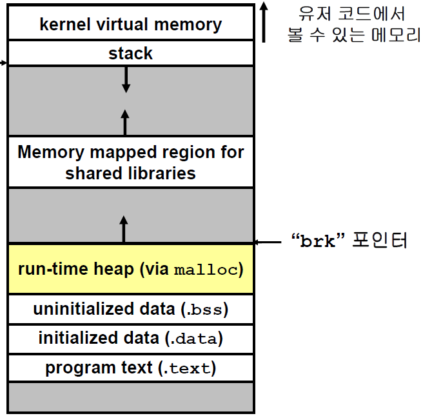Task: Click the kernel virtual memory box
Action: click(x=130, y=25)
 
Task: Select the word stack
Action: click(x=130, y=54)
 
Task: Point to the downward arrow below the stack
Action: click(x=126, y=79)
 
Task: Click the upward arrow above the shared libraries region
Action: click(x=125, y=121)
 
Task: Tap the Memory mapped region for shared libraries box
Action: click(x=130, y=163)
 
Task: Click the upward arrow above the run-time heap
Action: click(x=124, y=230)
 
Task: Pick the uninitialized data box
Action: click(x=130, y=310)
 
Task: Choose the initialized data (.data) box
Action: click(x=130, y=339)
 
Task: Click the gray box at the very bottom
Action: click(x=130, y=397)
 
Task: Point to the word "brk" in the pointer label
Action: click(x=318, y=241)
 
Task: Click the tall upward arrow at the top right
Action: click(x=263, y=23)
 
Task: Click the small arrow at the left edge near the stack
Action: click(x=3, y=63)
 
